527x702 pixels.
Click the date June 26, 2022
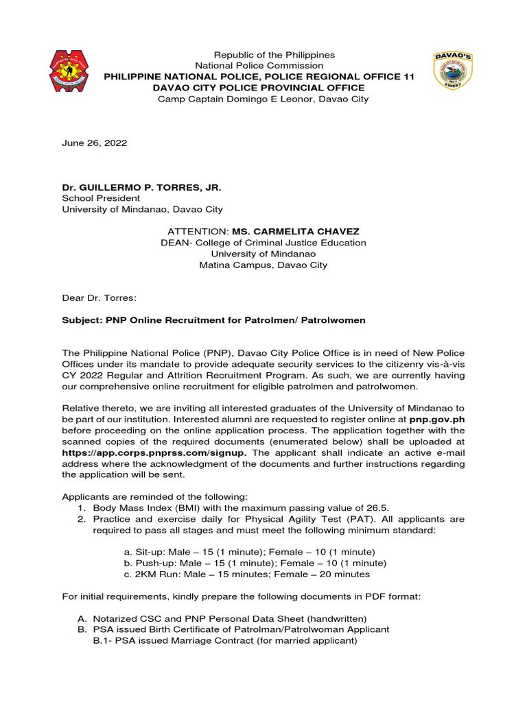[95, 143]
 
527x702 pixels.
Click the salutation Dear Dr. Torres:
[99, 298]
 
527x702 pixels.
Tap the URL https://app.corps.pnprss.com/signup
[153, 453]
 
